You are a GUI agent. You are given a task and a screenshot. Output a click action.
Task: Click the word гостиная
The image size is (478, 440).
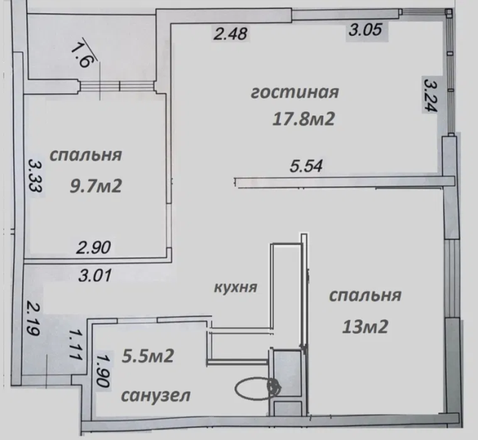(x=294, y=94)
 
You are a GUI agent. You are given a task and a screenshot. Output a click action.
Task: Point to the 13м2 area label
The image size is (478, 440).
(x=364, y=325)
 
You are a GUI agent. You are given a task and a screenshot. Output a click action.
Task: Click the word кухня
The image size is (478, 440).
(x=235, y=287)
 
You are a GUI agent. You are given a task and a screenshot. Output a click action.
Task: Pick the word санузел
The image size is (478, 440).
(x=157, y=395)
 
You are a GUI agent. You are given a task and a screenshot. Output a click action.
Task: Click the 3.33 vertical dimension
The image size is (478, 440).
(x=33, y=176)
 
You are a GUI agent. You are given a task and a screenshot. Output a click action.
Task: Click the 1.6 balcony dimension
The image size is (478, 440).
(x=80, y=53)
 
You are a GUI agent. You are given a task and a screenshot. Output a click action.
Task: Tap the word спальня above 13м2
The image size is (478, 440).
(x=364, y=296)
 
